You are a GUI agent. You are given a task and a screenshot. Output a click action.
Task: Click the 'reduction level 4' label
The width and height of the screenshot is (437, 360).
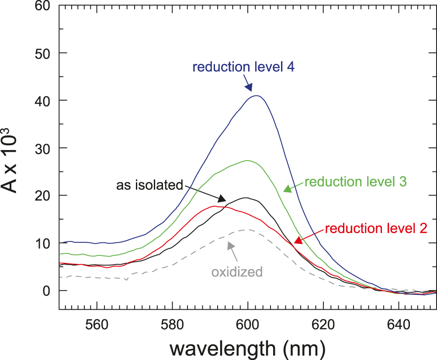[244, 68]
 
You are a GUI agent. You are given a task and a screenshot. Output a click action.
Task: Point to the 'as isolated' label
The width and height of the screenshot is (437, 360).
[149, 185]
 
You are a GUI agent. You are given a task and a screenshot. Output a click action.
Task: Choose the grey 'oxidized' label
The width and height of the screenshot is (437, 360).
[237, 272]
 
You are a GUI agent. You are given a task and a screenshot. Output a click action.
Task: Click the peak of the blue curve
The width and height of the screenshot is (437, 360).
[257, 96]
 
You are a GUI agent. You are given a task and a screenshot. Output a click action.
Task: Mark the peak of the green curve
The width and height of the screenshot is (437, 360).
[248, 161]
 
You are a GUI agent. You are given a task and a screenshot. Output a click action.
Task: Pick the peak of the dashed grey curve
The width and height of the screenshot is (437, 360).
[247, 230]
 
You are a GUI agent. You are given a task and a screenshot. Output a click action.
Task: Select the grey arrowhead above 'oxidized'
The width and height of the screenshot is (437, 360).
[230, 245]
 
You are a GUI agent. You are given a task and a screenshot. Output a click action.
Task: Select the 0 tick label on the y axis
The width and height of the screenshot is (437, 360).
[46, 290]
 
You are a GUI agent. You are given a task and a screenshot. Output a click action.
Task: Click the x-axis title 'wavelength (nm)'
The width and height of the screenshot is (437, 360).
[248, 348]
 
